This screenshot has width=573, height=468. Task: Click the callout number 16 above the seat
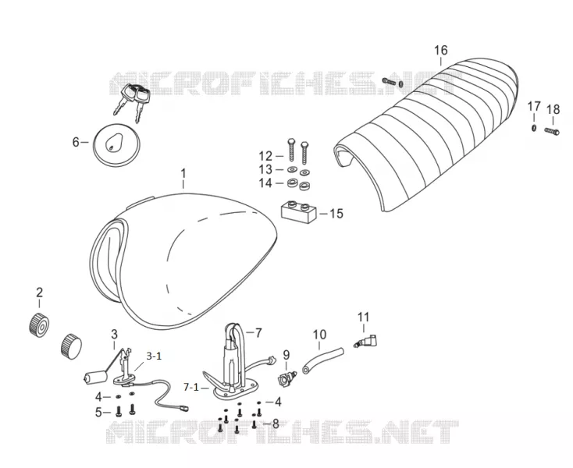441,50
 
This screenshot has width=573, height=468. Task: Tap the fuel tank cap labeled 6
116,145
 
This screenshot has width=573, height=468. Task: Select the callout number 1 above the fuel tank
183,173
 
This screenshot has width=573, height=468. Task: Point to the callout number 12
265,156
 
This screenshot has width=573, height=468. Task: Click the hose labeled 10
323,360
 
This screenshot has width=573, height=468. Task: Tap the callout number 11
363,317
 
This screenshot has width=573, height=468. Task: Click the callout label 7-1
191,387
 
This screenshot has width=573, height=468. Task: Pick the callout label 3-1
154,356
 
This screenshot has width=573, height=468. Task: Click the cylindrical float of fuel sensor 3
94,378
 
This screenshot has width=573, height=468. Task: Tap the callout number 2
40,292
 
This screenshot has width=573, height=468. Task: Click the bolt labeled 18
552,131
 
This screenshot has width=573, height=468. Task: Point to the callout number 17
534,107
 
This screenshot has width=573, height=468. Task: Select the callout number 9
286,354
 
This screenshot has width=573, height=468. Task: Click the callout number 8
276,424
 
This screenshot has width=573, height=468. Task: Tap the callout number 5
98,413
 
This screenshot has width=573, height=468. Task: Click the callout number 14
265,183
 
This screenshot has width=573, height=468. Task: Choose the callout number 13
265,169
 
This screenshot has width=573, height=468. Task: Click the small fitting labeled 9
286,378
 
